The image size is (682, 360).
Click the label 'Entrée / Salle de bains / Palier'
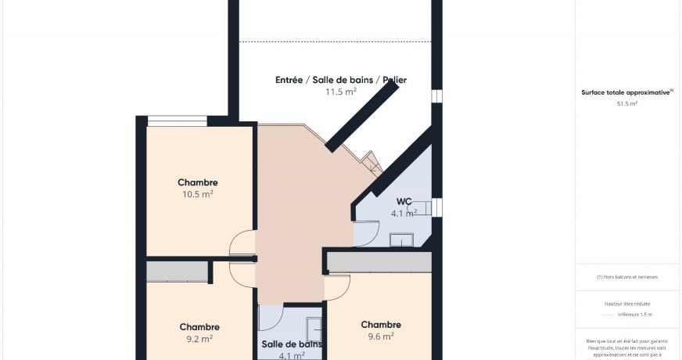coord(340,80)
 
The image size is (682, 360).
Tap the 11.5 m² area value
coord(340,92)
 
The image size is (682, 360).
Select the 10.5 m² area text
coord(197,194)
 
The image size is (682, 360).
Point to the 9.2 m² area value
coord(199,339)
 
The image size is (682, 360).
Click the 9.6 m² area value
coord(380,337)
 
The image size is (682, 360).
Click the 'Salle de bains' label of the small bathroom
coord(292,344)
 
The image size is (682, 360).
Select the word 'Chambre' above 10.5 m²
coord(197,182)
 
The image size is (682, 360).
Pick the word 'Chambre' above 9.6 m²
coord(380,325)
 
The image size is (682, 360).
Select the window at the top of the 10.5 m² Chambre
coord(178,121)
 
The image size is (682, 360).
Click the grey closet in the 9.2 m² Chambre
coord(178,272)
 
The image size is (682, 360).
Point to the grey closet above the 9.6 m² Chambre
coord(379,261)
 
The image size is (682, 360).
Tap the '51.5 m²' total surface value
coord(626,103)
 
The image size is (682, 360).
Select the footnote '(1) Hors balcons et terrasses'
coord(626,277)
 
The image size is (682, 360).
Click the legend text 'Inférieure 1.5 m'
coord(634,315)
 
